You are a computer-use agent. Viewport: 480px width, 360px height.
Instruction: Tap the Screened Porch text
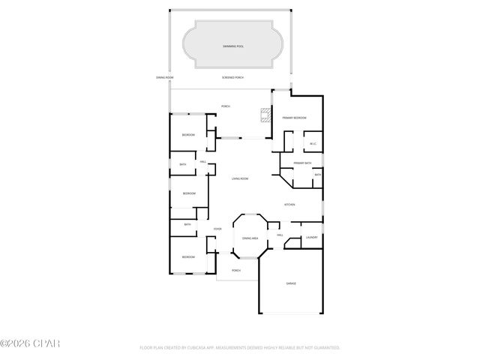[232, 78]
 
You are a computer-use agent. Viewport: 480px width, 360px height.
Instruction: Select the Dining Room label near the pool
[165, 78]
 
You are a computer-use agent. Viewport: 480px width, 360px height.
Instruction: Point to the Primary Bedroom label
[294, 118]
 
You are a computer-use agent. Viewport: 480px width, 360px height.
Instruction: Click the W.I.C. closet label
[313, 144]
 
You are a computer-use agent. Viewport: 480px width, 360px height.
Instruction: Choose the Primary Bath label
[302, 163]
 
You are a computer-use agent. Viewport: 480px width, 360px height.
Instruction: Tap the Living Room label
[240, 178]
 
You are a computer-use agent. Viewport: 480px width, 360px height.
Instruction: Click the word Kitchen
[289, 205]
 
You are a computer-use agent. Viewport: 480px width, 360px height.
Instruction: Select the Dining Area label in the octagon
[250, 238]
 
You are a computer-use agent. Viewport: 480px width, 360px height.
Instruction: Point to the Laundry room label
[311, 238]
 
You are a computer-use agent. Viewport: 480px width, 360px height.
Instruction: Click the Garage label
[291, 283]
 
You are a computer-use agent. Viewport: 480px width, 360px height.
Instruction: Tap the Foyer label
[217, 229]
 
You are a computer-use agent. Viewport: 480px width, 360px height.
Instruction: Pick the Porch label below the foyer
[235, 270]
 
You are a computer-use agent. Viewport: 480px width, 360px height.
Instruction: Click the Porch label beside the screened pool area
[225, 106]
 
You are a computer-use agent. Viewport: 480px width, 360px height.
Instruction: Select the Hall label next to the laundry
[280, 235]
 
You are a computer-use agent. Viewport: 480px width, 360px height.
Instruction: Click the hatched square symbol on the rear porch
[265, 115]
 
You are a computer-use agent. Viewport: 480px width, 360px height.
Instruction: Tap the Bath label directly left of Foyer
[187, 224]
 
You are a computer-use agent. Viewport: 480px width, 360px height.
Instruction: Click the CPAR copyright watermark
[30, 344]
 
